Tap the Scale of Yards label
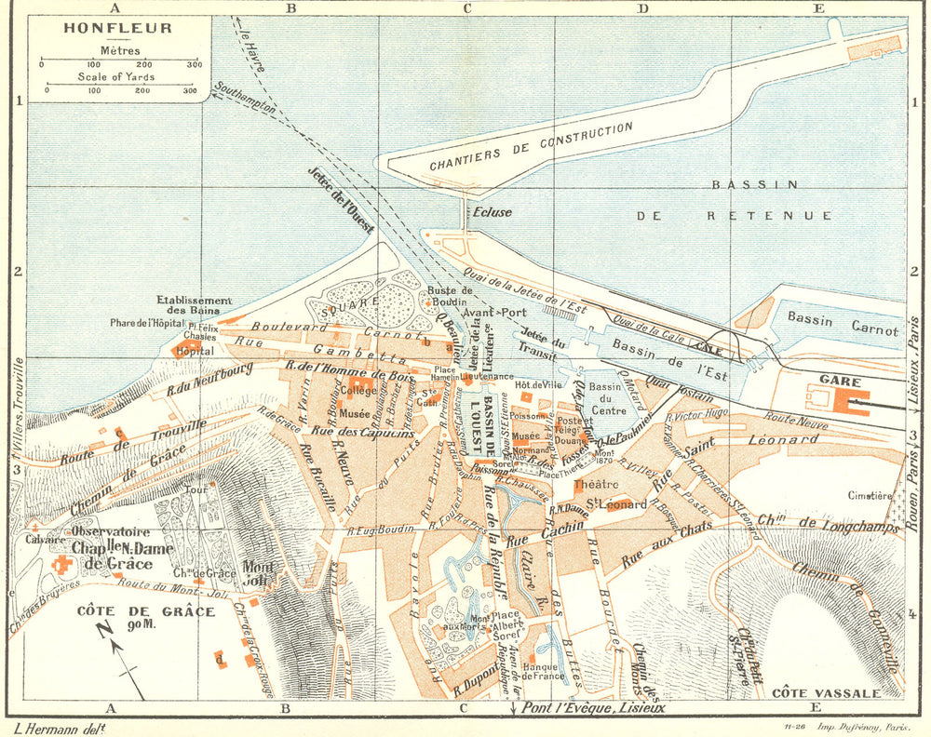(x=116, y=76)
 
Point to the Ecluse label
(x=492, y=211)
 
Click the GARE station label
(x=841, y=382)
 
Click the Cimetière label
(x=870, y=496)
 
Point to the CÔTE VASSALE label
(x=825, y=693)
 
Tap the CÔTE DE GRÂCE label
(x=145, y=611)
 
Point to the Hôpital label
(x=194, y=351)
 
